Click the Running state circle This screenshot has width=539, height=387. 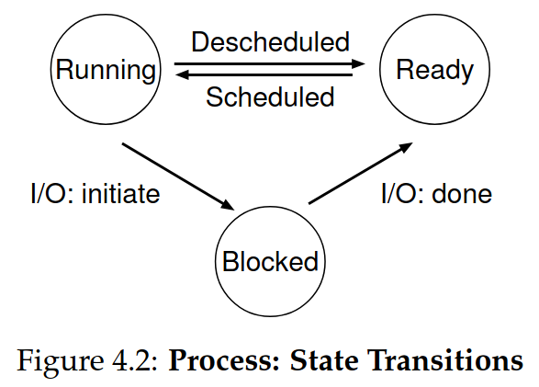103,70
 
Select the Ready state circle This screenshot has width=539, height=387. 434,70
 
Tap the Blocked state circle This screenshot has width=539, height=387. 270,261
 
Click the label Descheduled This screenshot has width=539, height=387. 270,42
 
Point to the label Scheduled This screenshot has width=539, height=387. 270,97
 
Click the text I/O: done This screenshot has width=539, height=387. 436,195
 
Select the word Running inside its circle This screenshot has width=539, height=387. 103,70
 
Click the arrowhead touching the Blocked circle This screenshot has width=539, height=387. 228,204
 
